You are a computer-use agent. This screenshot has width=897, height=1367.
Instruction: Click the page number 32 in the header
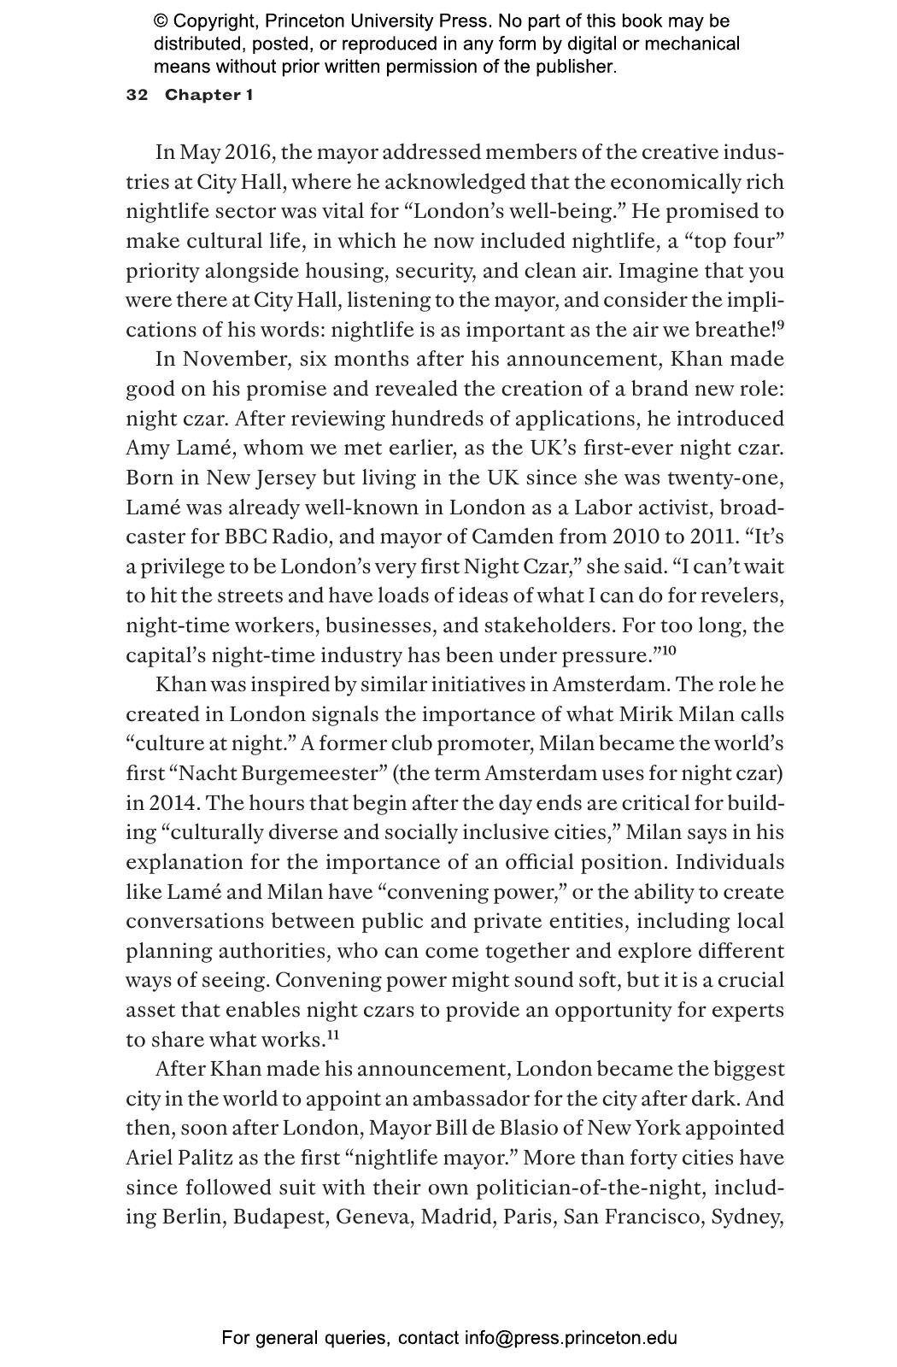click(137, 95)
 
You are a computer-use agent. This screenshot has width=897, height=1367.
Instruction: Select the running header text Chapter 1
click(208, 95)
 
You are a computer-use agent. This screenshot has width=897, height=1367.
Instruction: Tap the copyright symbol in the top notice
click(160, 21)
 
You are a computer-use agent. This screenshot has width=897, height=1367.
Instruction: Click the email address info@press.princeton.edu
click(571, 1338)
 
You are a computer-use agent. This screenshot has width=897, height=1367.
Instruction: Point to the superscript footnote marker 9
click(780, 325)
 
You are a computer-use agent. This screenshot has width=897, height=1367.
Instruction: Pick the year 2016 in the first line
click(248, 153)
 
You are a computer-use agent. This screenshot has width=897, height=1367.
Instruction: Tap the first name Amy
click(146, 449)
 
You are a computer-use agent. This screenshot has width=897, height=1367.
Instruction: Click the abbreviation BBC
click(248, 537)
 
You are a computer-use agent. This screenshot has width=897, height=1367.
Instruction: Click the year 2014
click(173, 803)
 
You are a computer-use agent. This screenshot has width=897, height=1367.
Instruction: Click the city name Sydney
click(747, 1217)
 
